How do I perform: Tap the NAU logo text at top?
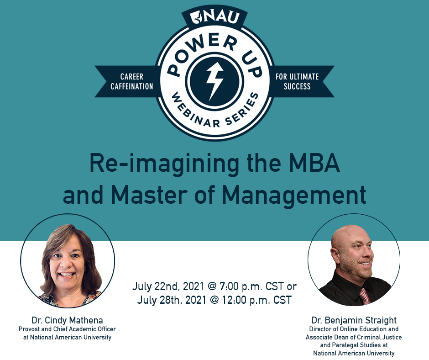pos(215,17)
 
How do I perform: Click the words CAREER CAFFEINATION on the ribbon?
pos(131,81)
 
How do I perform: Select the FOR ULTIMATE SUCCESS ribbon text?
pos(297,81)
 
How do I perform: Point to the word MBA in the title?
pos(314,163)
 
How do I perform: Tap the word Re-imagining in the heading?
pos(164,165)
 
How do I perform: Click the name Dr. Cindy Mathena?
pos(67,320)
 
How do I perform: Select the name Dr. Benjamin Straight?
pos(354,320)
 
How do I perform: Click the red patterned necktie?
pos(365,296)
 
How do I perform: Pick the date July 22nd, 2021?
pos(168,286)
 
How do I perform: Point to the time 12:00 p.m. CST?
pos(256,300)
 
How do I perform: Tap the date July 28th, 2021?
pos(172,300)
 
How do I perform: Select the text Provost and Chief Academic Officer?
pos(67,329)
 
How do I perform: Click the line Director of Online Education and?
pos(354,329)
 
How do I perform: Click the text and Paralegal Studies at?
pos(354,345)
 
